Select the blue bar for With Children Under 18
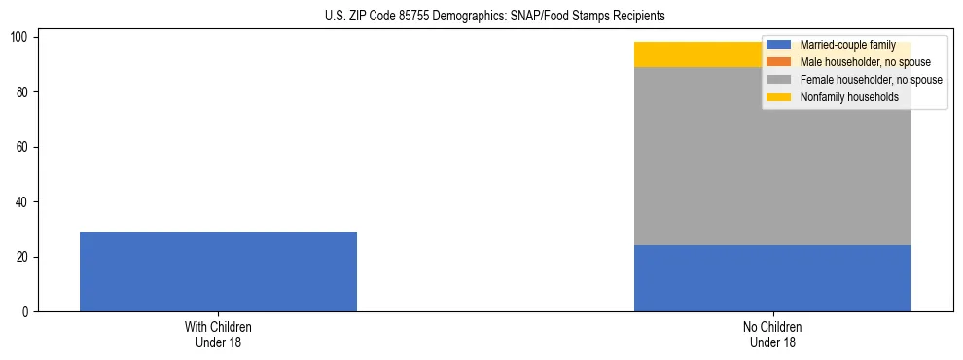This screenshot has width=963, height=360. (218, 271)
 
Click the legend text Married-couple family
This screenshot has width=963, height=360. (847, 45)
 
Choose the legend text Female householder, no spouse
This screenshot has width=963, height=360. (871, 80)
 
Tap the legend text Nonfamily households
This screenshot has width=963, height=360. (842, 97)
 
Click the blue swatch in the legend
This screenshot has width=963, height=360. (779, 45)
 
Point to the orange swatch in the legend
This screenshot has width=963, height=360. (779, 62)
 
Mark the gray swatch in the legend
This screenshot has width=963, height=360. (779, 80)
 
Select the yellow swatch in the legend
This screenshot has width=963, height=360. (779, 97)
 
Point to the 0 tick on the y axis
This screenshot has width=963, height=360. (26, 312)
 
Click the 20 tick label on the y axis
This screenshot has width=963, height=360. (23, 257)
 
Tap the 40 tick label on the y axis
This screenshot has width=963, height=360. (23, 202)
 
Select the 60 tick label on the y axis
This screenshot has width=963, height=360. (23, 147)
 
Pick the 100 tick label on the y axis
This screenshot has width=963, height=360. (20, 37)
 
